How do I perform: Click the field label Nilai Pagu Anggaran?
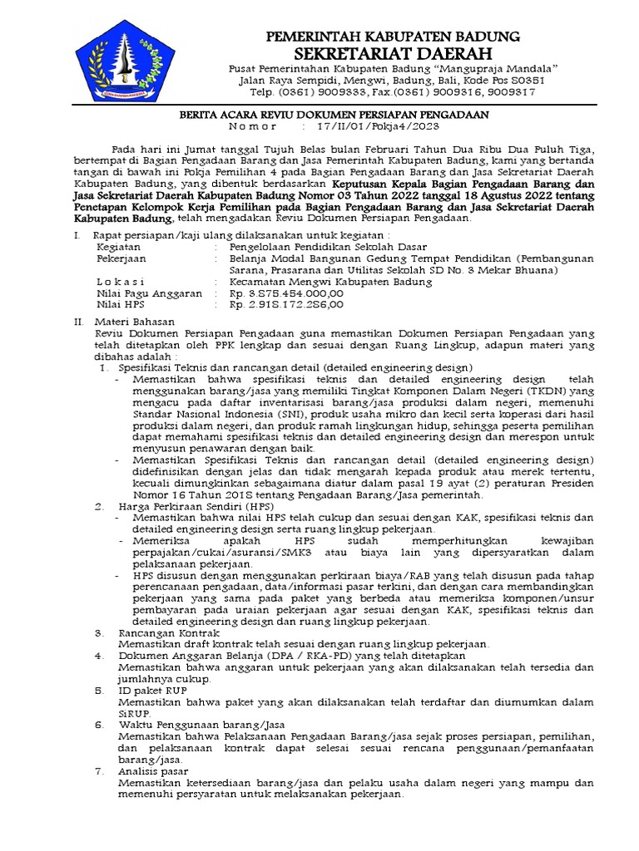point(149,293)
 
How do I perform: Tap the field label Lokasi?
point(121,282)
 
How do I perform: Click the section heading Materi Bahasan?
point(135,320)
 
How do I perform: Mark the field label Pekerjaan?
point(122,258)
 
